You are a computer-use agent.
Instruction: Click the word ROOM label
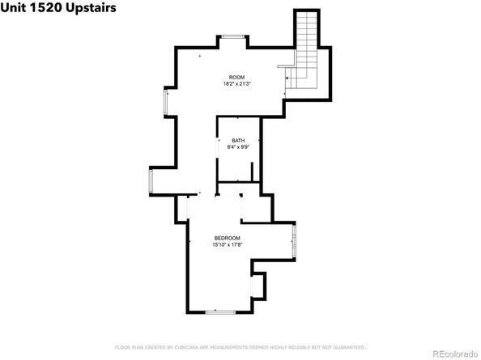pos(236,77)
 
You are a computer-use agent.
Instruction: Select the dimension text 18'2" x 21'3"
pos(236,83)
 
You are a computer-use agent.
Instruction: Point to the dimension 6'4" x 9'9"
pos(237,147)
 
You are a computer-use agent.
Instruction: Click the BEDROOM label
pos(226,238)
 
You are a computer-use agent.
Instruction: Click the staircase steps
pos(307,40)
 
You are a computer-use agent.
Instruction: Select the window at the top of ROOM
pos(233,36)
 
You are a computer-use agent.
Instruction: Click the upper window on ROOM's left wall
pos(166,101)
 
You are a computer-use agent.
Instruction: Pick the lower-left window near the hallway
pos(150,182)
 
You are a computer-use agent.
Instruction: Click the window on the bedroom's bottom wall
pos(220,311)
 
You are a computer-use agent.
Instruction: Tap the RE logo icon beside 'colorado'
pos(430,352)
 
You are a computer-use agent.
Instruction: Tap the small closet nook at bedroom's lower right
pos(259,286)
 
